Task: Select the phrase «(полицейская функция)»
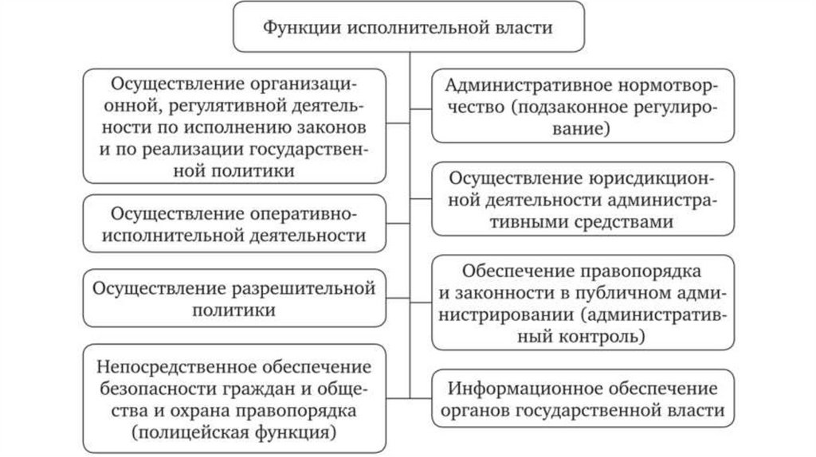(233, 432)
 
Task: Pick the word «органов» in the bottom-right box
(476, 411)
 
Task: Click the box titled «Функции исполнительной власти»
(407, 27)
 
